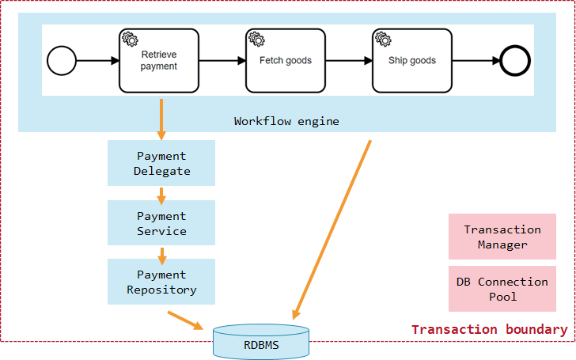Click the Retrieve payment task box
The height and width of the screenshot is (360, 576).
point(159,61)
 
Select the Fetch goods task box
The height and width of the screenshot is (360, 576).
point(286,61)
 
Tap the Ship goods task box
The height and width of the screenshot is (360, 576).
point(412,61)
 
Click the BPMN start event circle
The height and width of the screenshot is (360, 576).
point(62,60)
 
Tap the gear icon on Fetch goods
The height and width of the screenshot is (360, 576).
point(256,38)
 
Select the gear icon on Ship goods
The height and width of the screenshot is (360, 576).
point(382,38)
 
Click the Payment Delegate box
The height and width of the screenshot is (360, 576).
point(161,164)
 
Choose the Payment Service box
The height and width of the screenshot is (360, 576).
point(161,223)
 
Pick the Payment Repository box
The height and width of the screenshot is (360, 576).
point(161,282)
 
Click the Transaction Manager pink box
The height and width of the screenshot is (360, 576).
point(502,237)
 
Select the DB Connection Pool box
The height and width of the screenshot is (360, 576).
point(502,289)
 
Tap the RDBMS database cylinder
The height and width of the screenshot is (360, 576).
point(261,342)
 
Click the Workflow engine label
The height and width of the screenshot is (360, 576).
point(286,121)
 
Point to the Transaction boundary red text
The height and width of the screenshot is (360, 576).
point(489,330)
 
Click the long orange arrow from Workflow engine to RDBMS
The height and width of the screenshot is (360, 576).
point(332,229)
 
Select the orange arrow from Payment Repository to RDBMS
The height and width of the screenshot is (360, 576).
point(187,320)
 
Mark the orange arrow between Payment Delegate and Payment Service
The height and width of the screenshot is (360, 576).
point(161,194)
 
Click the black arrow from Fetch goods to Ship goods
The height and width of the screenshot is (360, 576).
point(348,60)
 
